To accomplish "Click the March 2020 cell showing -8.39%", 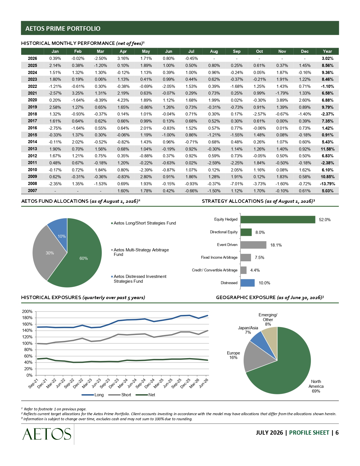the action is pos(100,100).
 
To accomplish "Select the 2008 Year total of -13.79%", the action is pos(327,184).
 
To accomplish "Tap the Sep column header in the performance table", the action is pos(237,51).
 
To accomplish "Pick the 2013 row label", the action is pos(32,149).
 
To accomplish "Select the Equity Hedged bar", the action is pos(278,220).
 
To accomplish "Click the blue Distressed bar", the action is pos(248,283).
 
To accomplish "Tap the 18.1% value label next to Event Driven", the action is pos(276,245).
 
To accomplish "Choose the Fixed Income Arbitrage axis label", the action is pos(219,257).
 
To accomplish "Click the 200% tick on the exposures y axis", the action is pos(27,312).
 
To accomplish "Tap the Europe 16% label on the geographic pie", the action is pos(234,355).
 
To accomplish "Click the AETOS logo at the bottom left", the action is pos(47,434).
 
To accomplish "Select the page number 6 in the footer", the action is pos(337,433).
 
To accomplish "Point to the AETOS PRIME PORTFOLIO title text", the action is pos(63,29).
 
